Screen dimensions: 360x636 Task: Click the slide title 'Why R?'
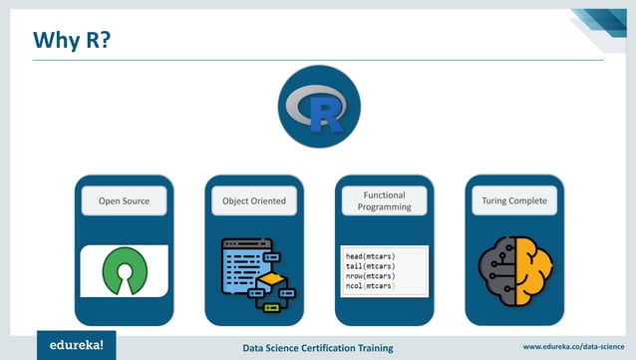(73, 39)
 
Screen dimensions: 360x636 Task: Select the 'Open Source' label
(124, 201)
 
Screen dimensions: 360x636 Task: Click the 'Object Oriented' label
(254, 201)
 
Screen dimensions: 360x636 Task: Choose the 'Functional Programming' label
(384, 201)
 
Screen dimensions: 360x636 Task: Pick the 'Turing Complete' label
(513, 201)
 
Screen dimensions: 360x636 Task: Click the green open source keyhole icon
(124, 271)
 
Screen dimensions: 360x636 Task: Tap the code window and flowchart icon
(253, 271)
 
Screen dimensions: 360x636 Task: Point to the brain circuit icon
(513, 270)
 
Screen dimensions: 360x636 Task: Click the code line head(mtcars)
(364, 256)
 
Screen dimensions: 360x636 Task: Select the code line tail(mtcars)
(364, 266)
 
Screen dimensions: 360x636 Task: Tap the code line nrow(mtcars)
(364, 276)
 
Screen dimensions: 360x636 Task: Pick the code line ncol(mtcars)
(364, 286)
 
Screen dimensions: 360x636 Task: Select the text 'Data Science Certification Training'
(318, 347)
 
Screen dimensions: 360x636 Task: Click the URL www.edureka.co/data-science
(572, 346)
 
